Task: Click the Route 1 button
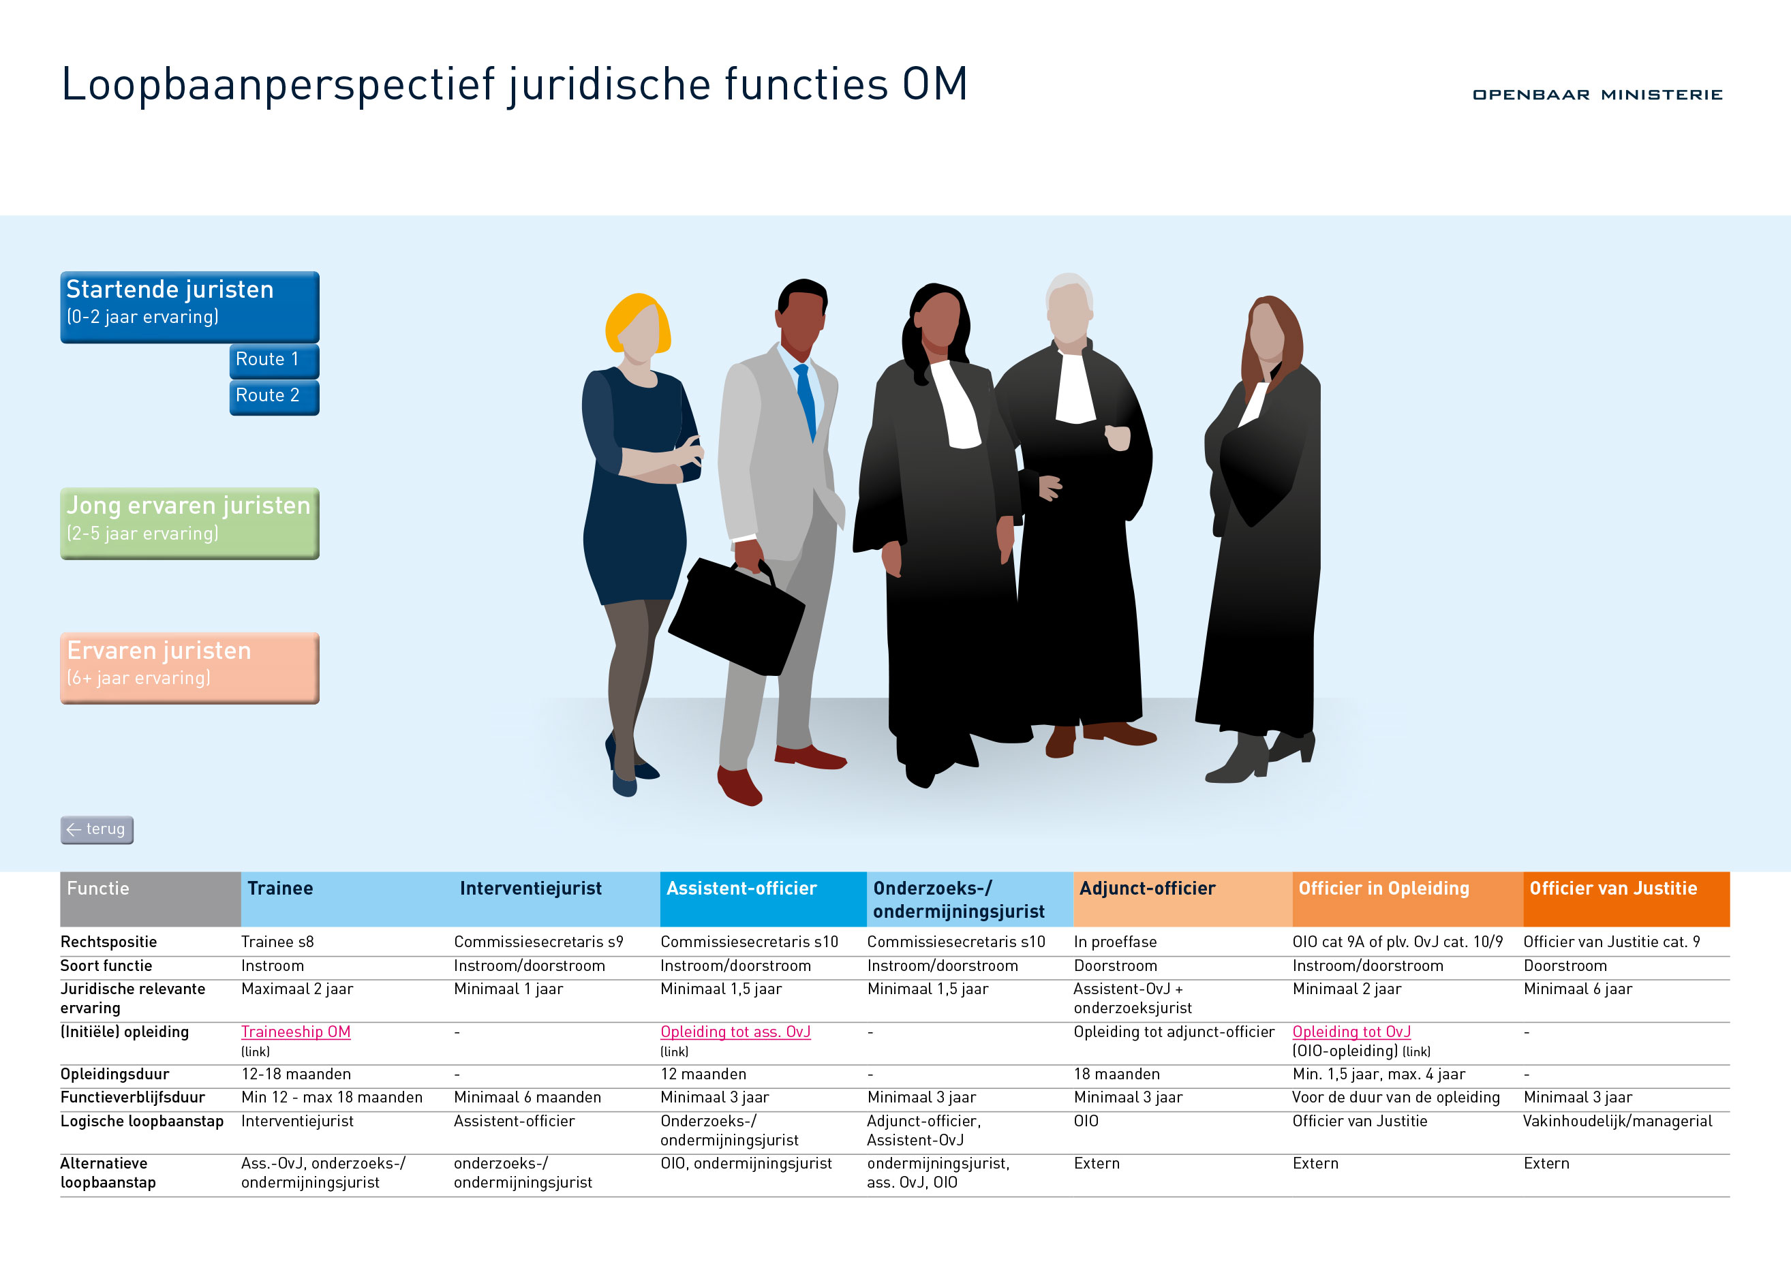point(274,360)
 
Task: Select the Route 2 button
point(274,397)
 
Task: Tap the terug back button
point(97,829)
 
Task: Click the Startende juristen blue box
point(189,307)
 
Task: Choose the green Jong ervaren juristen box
point(189,523)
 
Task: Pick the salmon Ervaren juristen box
point(189,668)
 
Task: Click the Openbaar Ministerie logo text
point(1597,95)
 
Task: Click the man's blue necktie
point(807,400)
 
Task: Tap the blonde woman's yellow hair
point(636,322)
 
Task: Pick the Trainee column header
point(280,889)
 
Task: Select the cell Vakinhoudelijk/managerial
point(1617,1121)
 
